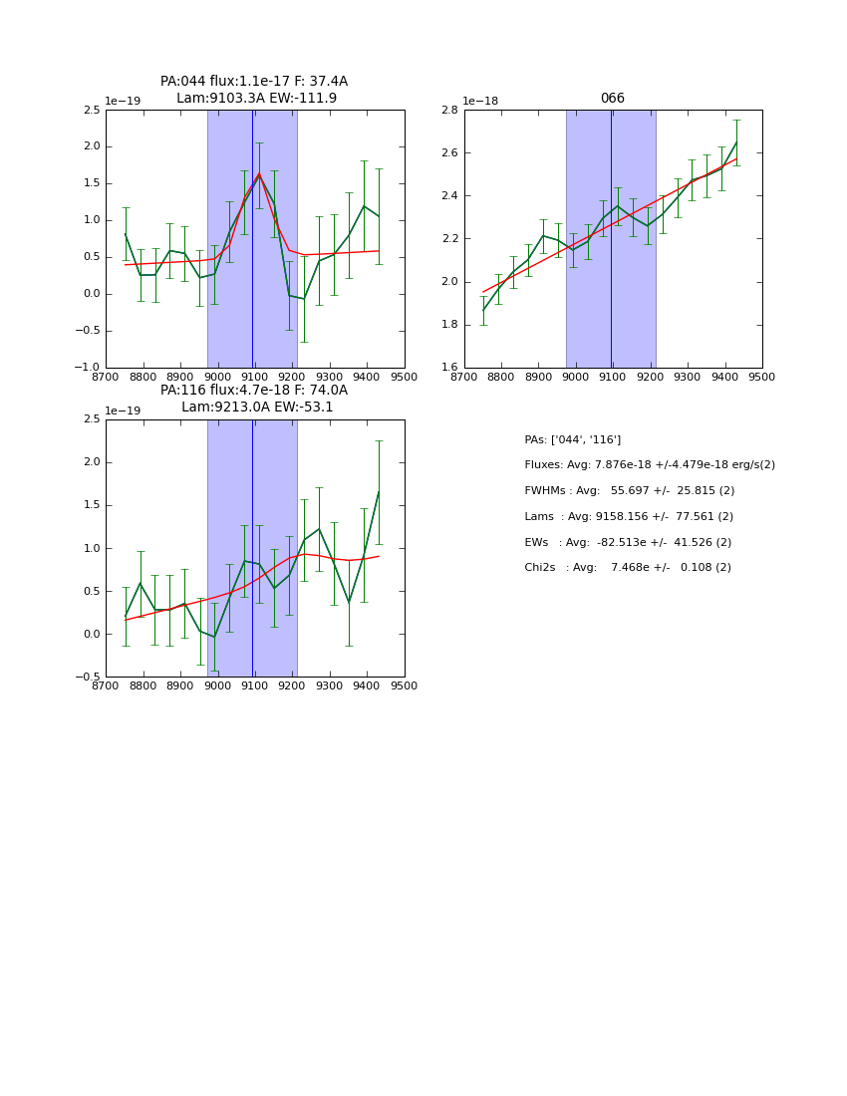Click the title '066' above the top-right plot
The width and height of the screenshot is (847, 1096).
(612, 99)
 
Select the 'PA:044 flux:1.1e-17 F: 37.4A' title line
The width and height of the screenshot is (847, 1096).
(254, 82)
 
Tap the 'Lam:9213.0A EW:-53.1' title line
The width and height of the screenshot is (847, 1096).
(257, 408)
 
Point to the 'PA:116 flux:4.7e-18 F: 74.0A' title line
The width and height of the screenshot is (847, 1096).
(254, 391)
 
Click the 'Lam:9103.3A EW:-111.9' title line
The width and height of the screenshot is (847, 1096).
(256, 99)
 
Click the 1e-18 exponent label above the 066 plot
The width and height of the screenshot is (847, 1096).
(480, 102)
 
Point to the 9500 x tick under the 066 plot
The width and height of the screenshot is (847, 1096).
(761, 378)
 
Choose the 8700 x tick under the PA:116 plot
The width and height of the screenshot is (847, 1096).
(107, 686)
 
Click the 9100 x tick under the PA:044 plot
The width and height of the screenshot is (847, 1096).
(254, 378)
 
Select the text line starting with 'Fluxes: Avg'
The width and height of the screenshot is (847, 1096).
(649, 465)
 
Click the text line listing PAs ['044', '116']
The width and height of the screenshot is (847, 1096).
(572, 439)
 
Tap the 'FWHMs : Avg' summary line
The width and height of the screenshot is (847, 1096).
(629, 491)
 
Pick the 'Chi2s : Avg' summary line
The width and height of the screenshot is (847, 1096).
(627, 568)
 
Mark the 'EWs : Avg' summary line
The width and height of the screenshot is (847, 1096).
(627, 542)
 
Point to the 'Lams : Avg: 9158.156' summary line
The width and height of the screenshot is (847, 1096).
(628, 517)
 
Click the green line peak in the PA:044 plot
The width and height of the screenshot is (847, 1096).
(259, 175)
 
